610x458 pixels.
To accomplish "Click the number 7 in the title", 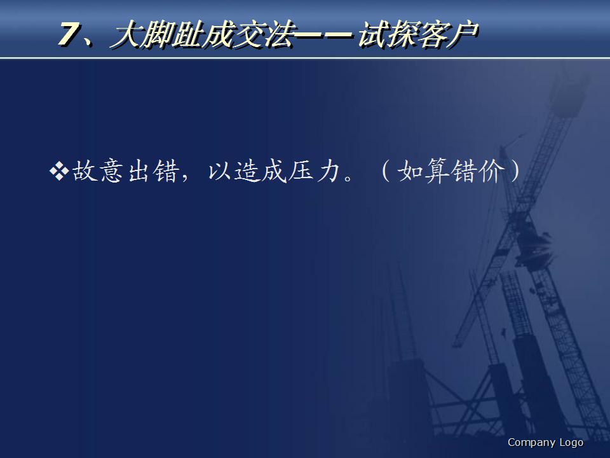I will [x=69, y=36].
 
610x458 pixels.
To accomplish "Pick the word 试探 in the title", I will [x=391, y=36].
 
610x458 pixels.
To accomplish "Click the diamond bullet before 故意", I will [x=58, y=171].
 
